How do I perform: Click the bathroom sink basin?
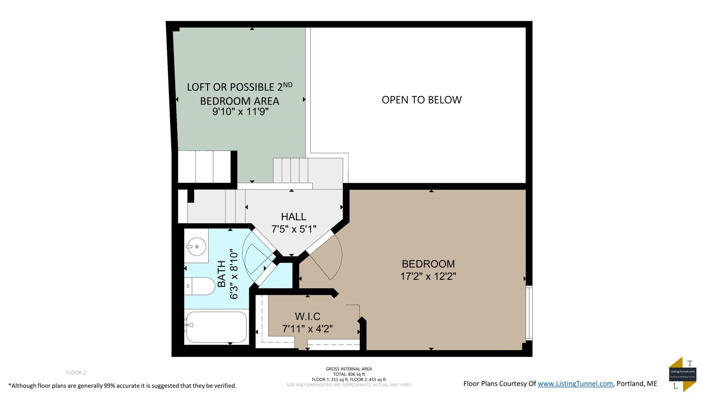click(x=196, y=247)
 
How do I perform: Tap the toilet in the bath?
click(x=202, y=286)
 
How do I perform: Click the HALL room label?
click(x=293, y=217)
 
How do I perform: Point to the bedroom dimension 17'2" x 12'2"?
click(x=428, y=276)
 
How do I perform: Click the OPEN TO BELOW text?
click(x=422, y=100)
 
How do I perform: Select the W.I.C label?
click(x=307, y=316)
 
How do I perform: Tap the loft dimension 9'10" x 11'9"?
click(x=240, y=111)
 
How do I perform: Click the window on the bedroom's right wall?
click(x=529, y=313)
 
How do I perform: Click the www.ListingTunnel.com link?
click(x=575, y=384)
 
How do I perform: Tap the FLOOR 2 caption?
click(x=76, y=373)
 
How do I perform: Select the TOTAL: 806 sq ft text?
click(x=349, y=374)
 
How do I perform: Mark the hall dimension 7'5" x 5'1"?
click(x=293, y=229)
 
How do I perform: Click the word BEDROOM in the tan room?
click(x=428, y=264)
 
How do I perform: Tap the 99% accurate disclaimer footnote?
click(x=122, y=386)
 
